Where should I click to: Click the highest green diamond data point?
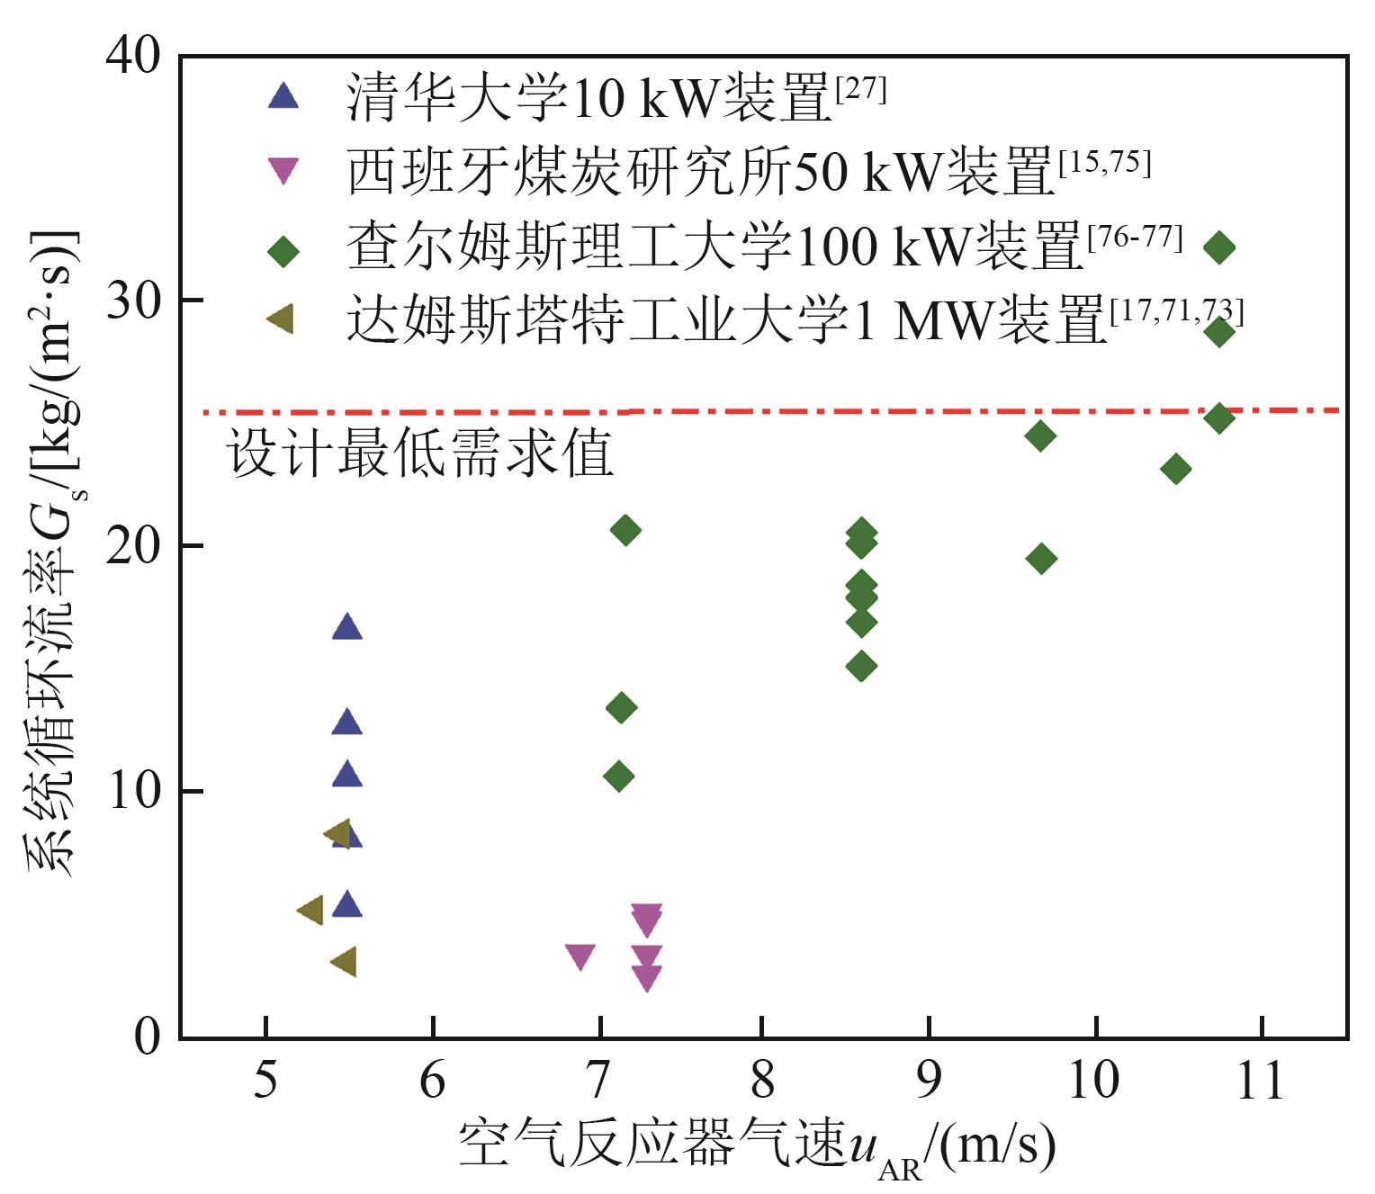1219,247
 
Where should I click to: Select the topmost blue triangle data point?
347,627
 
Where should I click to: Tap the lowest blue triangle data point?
347,904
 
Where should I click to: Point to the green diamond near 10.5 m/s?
1176,469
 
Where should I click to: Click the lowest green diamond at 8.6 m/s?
861,666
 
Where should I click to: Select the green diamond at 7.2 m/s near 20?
625,531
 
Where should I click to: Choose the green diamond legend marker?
283,251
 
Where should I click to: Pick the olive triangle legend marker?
281,318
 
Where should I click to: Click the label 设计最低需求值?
419,453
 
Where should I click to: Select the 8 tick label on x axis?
762,1080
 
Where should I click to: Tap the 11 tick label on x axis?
1260,1080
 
